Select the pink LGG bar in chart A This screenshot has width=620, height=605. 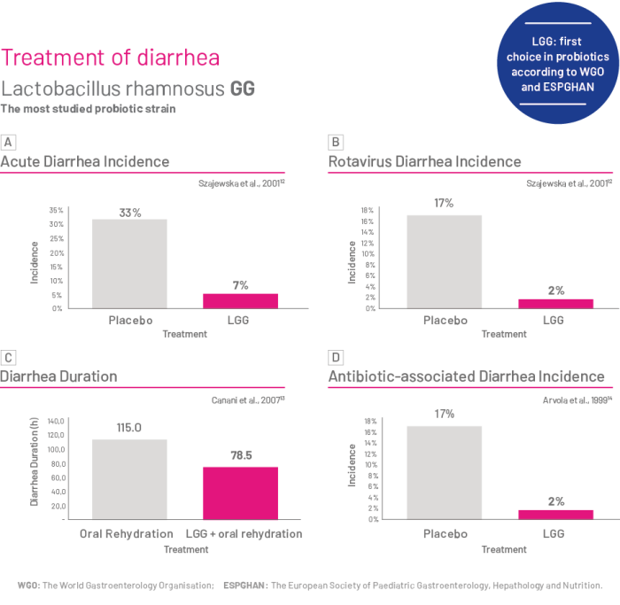point(240,300)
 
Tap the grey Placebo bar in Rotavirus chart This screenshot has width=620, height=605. point(444,261)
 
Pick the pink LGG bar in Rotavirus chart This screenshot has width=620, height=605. point(555,303)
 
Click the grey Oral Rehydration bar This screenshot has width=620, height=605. point(129,479)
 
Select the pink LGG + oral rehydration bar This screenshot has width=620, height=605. point(240,493)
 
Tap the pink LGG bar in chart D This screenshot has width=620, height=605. point(555,514)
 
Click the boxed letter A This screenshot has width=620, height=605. point(8,142)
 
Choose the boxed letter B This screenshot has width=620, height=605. point(336,142)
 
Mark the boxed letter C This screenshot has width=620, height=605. point(8,357)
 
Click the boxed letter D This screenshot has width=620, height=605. point(336,357)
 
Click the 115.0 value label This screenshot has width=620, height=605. point(129,428)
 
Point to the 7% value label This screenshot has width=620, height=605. point(240,284)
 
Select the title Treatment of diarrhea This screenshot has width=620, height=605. point(111,58)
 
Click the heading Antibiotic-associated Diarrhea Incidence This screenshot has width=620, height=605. point(467,376)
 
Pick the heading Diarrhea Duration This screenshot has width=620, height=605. point(58,376)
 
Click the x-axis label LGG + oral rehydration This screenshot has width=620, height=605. point(244,534)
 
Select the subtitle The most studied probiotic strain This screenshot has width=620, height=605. point(88,109)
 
